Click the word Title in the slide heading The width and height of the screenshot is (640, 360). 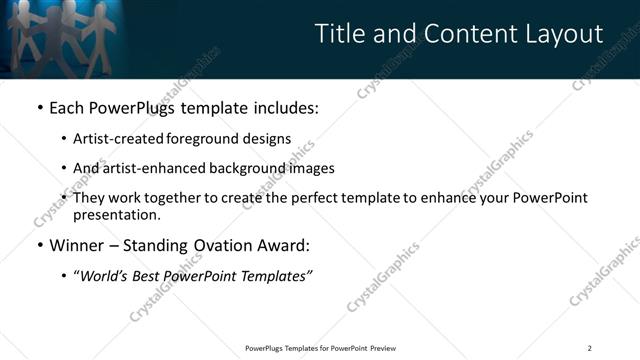click(x=340, y=34)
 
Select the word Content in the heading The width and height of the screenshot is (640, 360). click(x=470, y=34)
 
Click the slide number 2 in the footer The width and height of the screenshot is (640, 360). click(x=589, y=348)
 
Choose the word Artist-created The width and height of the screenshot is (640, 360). click(x=116, y=139)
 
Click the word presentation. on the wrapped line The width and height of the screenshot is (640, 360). click(x=117, y=214)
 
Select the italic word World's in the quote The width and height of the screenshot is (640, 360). click(x=105, y=276)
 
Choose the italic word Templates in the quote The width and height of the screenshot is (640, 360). click(x=276, y=276)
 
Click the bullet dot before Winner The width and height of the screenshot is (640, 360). click(x=39, y=245)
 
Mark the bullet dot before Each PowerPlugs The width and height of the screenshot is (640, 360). click(x=39, y=106)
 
